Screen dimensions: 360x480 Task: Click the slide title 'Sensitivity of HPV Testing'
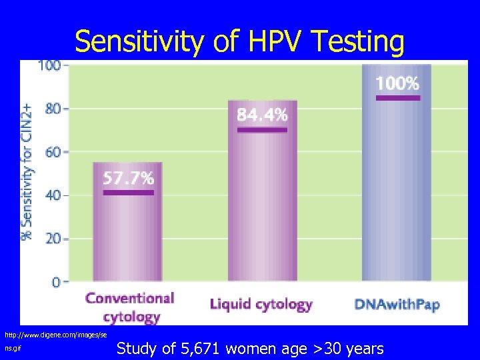[x=239, y=41]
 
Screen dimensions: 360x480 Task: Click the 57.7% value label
[x=128, y=178]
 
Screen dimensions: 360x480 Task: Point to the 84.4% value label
[x=262, y=115]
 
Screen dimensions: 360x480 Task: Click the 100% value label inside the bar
[x=397, y=83]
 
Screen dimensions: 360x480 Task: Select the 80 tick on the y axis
[x=52, y=108]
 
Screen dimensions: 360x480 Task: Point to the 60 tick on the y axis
[x=52, y=151]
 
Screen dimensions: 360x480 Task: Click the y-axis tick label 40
[x=52, y=195]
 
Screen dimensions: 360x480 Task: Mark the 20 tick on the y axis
[x=52, y=239]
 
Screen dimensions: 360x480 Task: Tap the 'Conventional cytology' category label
[x=129, y=307]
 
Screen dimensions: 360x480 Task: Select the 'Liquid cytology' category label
[x=261, y=305]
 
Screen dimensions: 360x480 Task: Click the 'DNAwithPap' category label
[x=397, y=305]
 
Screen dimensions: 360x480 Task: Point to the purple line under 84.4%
[x=262, y=130]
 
